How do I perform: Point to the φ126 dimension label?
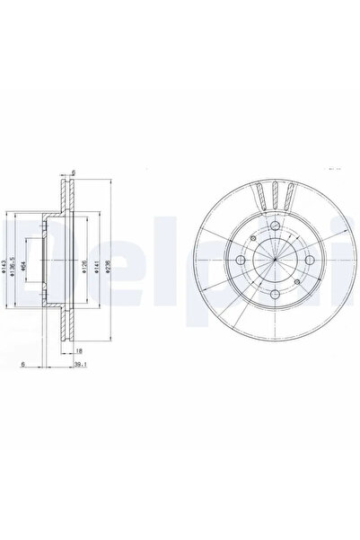coord(83,267)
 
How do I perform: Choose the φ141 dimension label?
coord(96,267)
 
